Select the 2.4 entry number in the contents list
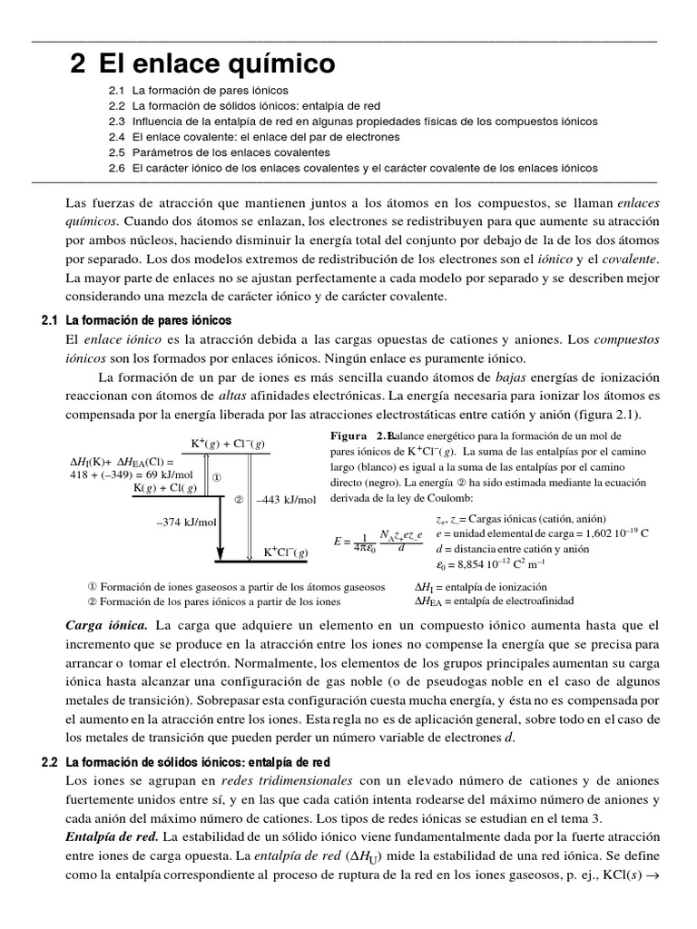point(115,137)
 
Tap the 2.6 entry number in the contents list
point(115,168)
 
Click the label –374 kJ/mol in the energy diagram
point(186,521)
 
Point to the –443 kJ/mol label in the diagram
point(286,499)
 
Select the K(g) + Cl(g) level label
point(169,488)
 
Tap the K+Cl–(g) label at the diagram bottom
point(286,552)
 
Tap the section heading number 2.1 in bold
point(50,320)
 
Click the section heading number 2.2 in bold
point(50,738)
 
